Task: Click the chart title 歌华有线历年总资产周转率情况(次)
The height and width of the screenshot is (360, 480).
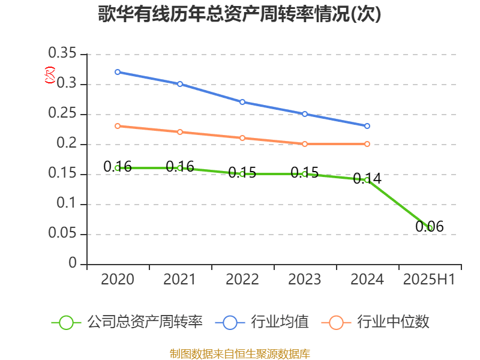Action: (240, 14)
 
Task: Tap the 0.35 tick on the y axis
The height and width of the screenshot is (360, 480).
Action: (62, 54)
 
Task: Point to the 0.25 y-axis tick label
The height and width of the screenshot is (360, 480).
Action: (62, 114)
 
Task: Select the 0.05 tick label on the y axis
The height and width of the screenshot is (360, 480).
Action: (62, 234)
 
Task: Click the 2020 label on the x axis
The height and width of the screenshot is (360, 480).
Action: (118, 279)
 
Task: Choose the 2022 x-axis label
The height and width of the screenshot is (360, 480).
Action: (242, 279)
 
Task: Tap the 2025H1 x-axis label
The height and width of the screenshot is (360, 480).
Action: (429, 279)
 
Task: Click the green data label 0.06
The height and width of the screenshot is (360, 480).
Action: (430, 227)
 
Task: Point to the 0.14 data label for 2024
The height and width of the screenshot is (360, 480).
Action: (367, 179)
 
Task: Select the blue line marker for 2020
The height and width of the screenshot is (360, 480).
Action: (118, 72)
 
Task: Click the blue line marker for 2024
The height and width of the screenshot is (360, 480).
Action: (367, 126)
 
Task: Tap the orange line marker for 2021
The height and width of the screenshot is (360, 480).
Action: (180, 132)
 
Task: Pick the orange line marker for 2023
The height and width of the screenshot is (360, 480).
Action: (305, 144)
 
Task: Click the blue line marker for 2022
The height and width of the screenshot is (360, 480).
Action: (242, 102)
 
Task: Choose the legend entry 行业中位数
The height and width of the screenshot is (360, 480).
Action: (376, 322)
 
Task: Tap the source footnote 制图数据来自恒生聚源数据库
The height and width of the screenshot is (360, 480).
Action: (240, 353)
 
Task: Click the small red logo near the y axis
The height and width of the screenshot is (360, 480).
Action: (50, 75)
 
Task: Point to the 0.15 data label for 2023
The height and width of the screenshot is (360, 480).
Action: (305, 173)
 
